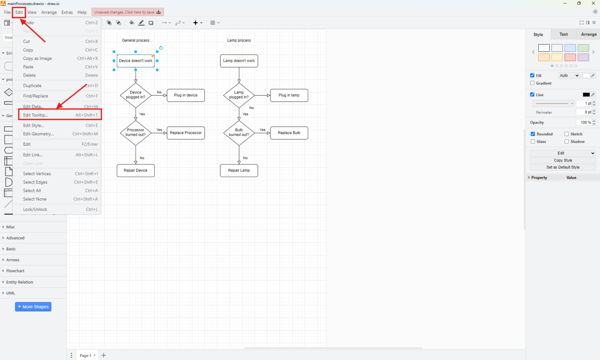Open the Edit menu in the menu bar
(x=19, y=12)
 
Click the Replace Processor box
(x=186, y=133)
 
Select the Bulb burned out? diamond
(x=239, y=133)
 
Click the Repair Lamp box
(x=239, y=170)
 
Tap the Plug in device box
(x=186, y=95)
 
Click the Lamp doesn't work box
(x=239, y=61)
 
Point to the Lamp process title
(x=239, y=40)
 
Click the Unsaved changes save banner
(x=127, y=12)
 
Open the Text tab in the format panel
(x=563, y=34)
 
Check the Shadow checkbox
(x=566, y=141)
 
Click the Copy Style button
(x=562, y=160)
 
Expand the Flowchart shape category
(x=15, y=271)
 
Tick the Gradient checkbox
(x=532, y=83)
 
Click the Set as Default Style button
(x=562, y=167)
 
